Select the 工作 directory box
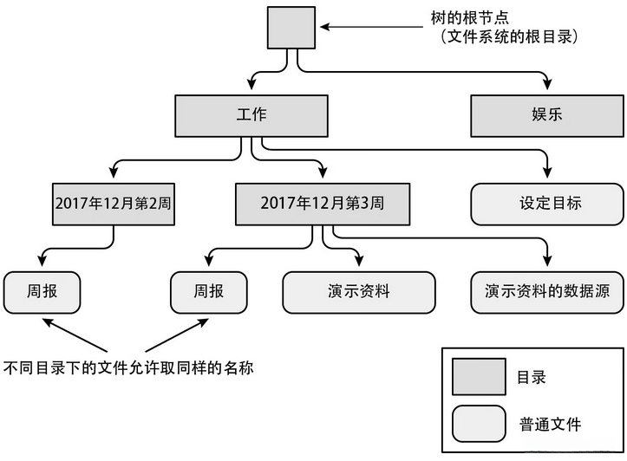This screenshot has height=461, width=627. coord(251,115)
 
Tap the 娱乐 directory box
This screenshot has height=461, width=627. coord(546,115)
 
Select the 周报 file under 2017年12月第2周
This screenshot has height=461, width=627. coord(42,292)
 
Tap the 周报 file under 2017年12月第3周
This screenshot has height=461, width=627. coord(208,292)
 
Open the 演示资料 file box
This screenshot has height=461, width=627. coord(358,292)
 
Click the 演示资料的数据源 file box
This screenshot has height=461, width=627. coord(546,292)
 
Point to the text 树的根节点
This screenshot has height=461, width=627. coord(463,18)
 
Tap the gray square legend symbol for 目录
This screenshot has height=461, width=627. coord(478,378)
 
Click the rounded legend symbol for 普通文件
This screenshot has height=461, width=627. coord(478,424)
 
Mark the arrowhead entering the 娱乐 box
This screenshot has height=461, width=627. coord(547,87)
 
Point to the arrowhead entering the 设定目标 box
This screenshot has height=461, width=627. coord(547,176)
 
